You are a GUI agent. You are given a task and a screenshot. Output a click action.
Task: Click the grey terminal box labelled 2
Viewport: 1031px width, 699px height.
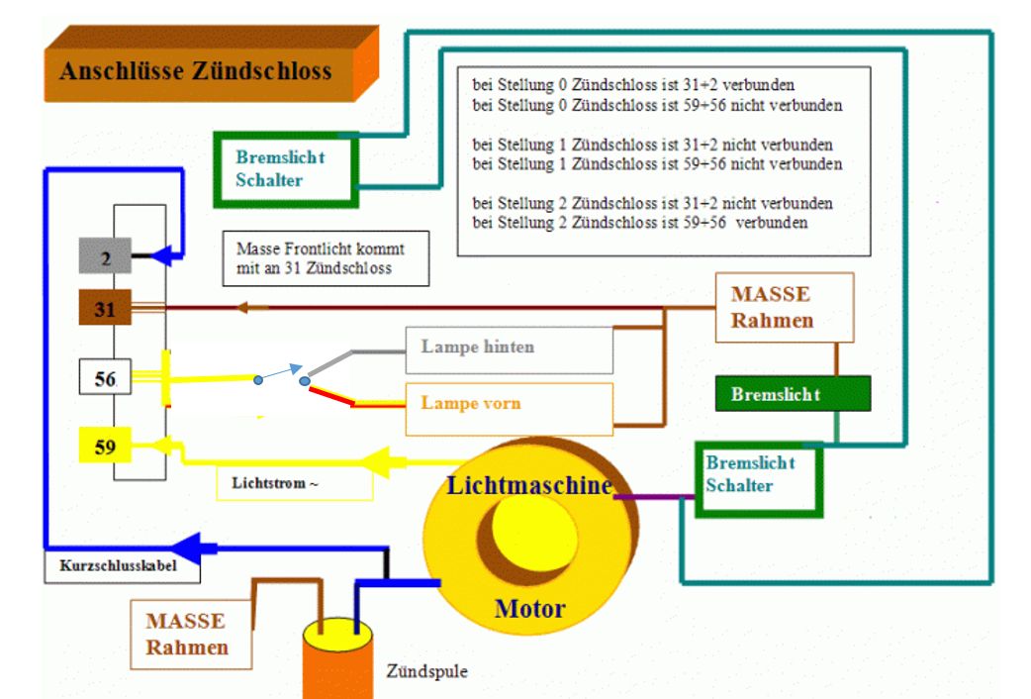(105, 255)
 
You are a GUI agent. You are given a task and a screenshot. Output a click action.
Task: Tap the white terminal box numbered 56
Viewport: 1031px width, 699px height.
(105, 378)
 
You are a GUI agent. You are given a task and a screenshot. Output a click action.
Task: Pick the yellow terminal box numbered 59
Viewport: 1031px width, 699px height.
(105, 446)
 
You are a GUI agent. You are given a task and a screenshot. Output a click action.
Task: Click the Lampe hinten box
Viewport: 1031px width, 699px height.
(509, 349)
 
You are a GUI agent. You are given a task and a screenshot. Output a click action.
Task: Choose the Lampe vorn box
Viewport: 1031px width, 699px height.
(509, 405)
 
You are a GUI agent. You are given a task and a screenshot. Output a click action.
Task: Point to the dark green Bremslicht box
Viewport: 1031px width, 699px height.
(793, 393)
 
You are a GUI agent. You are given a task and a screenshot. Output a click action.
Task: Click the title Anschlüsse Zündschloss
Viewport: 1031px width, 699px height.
(195, 72)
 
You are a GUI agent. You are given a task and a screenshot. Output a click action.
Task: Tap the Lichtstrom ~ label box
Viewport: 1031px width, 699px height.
(294, 482)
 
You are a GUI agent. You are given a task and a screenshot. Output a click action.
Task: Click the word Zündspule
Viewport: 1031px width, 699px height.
(427, 670)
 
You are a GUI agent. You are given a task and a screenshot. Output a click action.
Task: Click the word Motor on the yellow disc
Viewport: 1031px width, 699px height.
(530, 608)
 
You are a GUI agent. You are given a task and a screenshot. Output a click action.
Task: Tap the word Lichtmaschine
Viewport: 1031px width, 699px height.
(528, 486)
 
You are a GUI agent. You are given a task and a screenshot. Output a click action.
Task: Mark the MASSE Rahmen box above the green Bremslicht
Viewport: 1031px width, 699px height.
(784, 308)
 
